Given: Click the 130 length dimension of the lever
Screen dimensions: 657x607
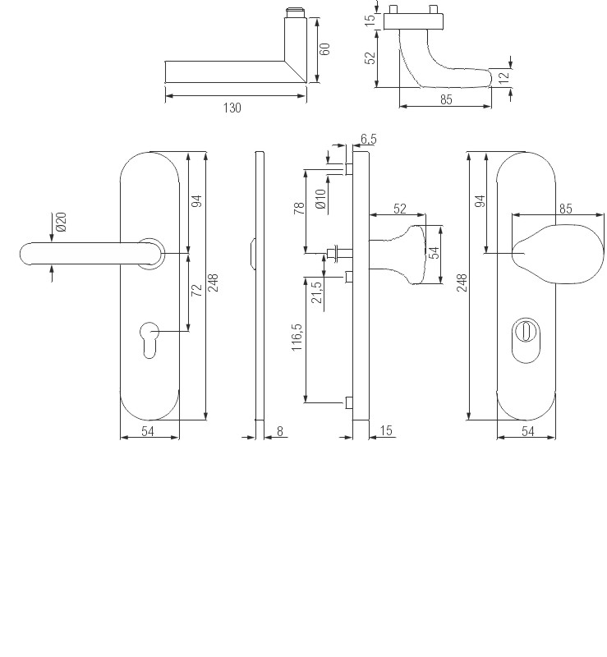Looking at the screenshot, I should [232, 108].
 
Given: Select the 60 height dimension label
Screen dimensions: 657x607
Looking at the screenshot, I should [324, 48].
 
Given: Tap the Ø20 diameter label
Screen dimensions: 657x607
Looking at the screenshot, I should [61, 223].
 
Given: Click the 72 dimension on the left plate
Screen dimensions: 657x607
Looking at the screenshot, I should [197, 292].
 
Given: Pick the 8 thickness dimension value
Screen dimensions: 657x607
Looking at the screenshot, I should [280, 430].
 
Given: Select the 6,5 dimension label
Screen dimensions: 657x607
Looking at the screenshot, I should [368, 139].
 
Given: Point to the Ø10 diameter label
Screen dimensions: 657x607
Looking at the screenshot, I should [320, 200].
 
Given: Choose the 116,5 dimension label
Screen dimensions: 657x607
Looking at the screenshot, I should [297, 338].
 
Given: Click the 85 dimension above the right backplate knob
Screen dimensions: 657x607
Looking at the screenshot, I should [565, 209].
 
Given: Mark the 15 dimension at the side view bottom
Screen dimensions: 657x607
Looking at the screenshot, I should [386, 430].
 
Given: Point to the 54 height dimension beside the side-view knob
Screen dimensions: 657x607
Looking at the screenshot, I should [435, 254].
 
